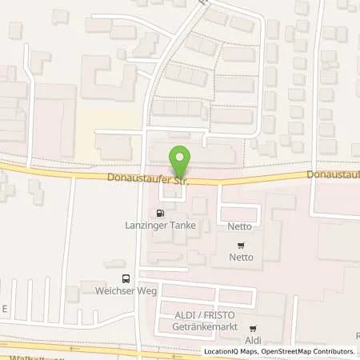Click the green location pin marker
click(181, 161)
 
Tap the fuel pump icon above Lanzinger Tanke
click(162, 214)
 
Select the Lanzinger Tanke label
click(160, 226)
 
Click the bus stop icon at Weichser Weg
click(125, 278)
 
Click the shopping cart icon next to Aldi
click(253, 328)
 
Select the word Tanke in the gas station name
click(181, 226)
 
